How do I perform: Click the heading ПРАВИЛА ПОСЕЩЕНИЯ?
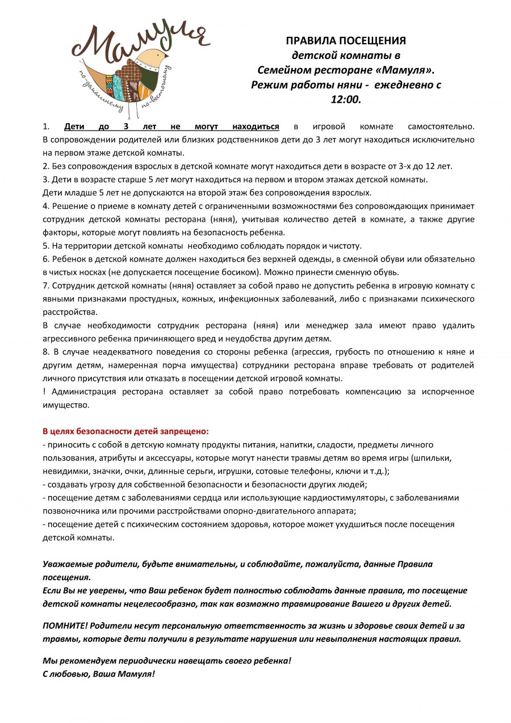[x=346, y=41]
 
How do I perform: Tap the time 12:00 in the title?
[x=346, y=99]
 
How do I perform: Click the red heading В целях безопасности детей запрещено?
[x=126, y=431]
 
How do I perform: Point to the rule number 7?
[x=45, y=285]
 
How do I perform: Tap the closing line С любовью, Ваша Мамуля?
[x=99, y=674]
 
